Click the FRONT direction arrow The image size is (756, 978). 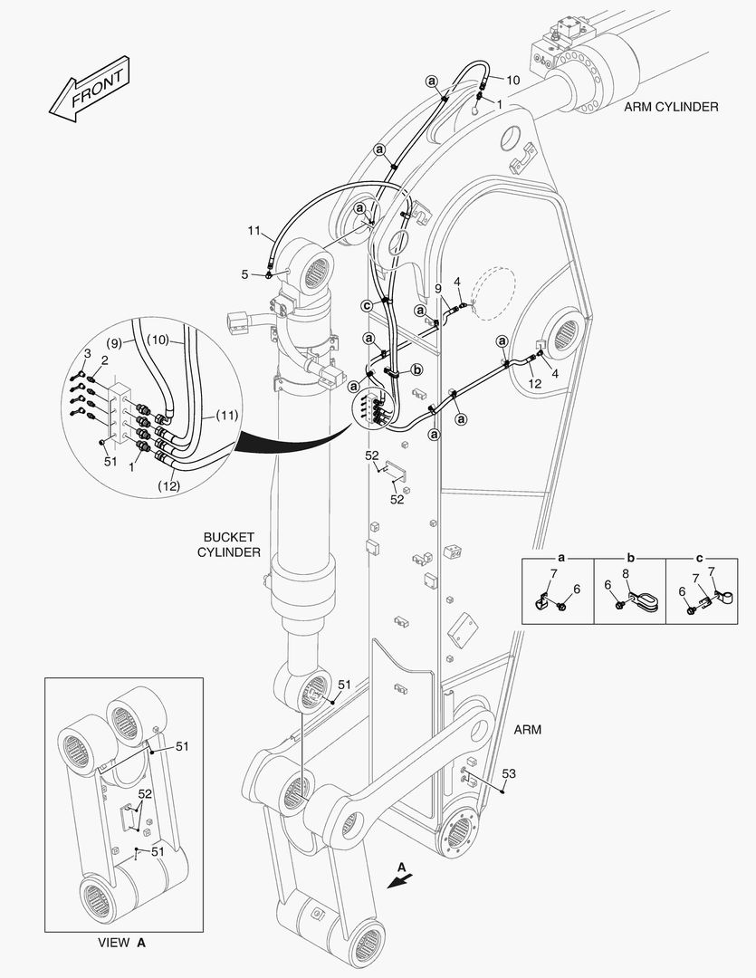[87, 91]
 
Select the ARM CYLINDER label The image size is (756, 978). [671, 107]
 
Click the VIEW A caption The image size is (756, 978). [121, 943]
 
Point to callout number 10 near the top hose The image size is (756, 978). [512, 80]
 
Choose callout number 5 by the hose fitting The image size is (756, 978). [244, 273]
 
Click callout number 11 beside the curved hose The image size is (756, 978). [254, 232]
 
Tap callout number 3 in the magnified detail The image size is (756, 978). [88, 351]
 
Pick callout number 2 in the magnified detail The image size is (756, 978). [104, 360]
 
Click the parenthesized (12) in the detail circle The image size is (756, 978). [169, 485]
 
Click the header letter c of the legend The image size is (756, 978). [701, 560]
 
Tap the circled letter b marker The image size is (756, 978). [417, 369]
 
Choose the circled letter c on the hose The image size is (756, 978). [367, 304]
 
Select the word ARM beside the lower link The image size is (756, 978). [527, 729]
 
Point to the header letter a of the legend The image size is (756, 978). [560, 560]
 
